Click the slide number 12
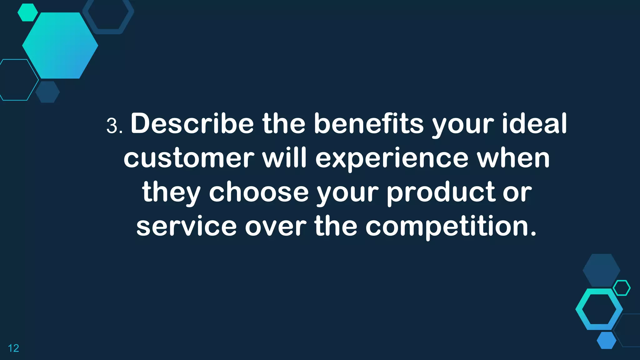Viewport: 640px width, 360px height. (13, 348)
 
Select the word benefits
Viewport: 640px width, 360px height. (369, 124)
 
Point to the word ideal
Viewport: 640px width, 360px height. (534, 124)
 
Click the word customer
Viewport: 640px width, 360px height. (189, 158)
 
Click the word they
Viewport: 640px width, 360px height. (171, 192)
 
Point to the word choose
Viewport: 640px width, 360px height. (259, 192)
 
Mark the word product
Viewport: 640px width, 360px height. (441, 192)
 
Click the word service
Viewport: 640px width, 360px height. (187, 226)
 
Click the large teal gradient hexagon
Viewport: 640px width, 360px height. (60, 46)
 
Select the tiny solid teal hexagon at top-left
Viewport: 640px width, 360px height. (27, 12)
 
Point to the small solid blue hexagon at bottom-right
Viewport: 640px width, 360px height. (607, 340)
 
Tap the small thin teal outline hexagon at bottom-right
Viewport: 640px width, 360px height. (622, 288)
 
